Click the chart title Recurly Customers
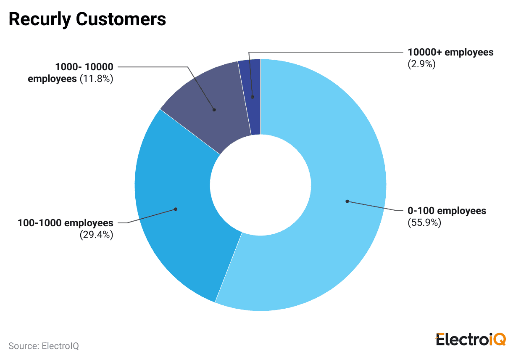[x=87, y=20]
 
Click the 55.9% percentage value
[x=424, y=222]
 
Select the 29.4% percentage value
[x=97, y=235]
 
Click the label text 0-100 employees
[x=447, y=211]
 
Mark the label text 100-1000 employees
[x=66, y=223]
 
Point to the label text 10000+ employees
[x=451, y=53]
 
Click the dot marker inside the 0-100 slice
[x=347, y=201]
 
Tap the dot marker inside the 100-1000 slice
[x=176, y=209]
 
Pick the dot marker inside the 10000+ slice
[x=253, y=97]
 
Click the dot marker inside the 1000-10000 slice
[x=214, y=110]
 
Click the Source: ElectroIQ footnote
[x=44, y=346]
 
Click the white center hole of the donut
[x=260, y=185]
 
